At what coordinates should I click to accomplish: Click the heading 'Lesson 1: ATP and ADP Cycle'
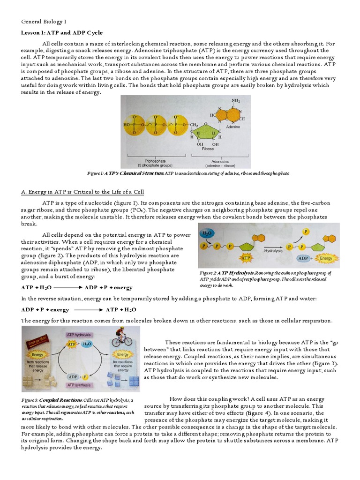coord(62,32)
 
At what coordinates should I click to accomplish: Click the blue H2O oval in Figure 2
coord(207,233)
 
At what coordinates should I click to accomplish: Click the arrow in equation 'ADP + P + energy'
coord(89,310)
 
